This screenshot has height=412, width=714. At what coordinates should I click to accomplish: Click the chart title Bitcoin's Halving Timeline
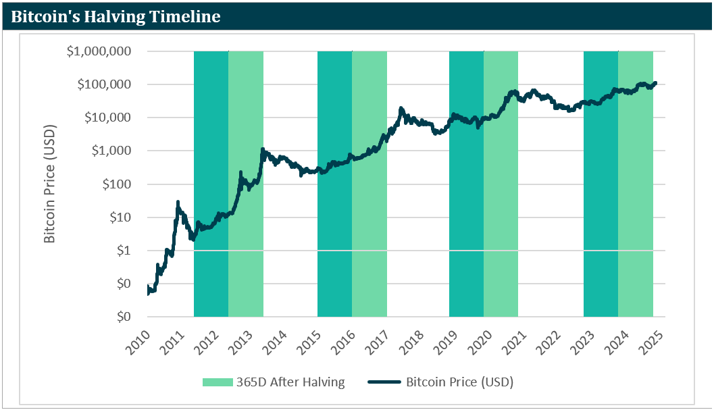[x=116, y=16]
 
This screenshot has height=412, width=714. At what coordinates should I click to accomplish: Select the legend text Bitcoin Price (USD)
[x=459, y=382]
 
